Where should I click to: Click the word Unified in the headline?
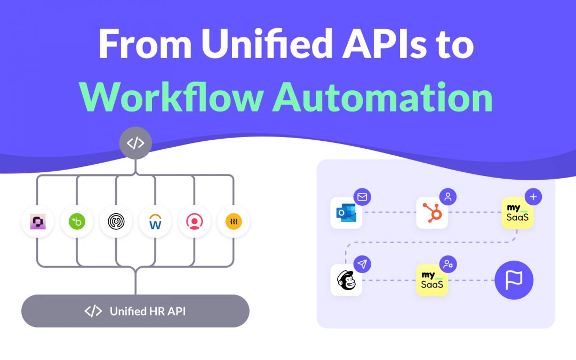(266, 44)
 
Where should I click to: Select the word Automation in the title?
(382, 98)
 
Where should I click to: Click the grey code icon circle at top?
(135, 143)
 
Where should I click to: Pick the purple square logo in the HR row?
(37, 221)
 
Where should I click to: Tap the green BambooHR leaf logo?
(77, 221)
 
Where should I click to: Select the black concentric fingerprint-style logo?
(116, 221)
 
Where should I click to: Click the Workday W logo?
(155, 221)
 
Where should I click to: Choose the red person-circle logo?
(194, 221)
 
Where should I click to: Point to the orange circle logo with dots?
(234, 221)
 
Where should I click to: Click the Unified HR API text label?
(147, 311)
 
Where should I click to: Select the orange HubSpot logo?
(432, 213)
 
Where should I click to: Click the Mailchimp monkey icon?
(346, 280)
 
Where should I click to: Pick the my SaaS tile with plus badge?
(517, 213)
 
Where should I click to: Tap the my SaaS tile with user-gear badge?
(432, 280)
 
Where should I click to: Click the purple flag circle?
(514, 280)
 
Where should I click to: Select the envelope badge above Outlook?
(363, 197)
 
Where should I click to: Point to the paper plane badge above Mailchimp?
(363, 264)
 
